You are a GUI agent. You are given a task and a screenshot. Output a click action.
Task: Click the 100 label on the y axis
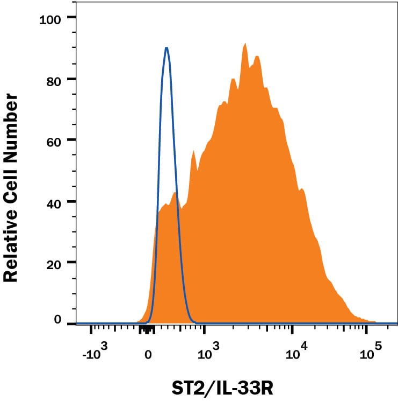coord(52,19)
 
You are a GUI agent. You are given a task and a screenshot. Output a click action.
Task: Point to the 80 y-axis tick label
coord(55,79)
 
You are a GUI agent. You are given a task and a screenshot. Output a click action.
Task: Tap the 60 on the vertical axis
coord(55,140)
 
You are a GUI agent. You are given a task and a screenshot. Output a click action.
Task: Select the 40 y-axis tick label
coord(55,202)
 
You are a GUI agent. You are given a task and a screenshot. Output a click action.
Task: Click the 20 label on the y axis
coord(55,263)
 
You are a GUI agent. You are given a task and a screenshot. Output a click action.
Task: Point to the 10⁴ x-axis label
coord(293,353)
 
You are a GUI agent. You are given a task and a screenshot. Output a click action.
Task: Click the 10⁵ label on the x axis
coord(368,353)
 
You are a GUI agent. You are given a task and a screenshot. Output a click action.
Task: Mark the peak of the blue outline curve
coord(167,48)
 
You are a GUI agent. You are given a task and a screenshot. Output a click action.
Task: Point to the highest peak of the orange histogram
coord(245,44)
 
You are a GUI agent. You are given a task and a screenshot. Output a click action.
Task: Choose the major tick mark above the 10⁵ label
coord(367,329)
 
